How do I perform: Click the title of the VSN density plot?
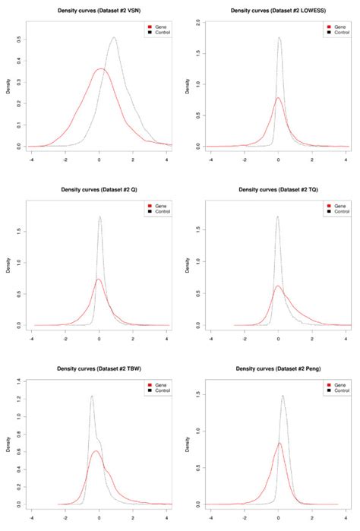pyautogui.click(x=98, y=11)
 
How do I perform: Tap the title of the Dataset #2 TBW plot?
pyautogui.click(x=98, y=368)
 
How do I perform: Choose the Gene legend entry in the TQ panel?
pyautogui.click(x=335, y=206)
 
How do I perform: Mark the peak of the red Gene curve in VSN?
pyautogui.click(x=100, y=69)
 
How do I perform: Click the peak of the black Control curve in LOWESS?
pyautogui.click(x=279, y=37)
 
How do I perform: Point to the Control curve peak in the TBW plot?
pyautogui.click(x=92, y=395)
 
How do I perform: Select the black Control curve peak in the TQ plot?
pyautogui.click(x=277, y=217)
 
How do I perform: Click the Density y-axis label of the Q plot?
pyautogui.click(x=8, y=270)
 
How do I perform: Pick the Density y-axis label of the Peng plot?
pyautogui.click(x=187, y=450)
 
